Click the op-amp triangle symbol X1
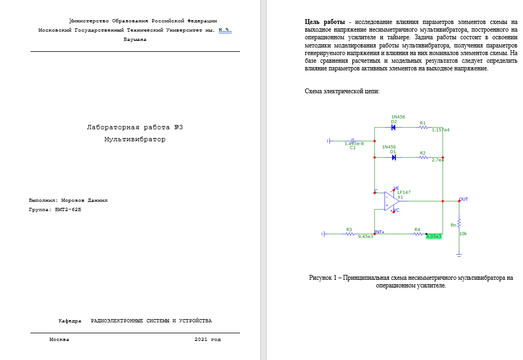(390, 201)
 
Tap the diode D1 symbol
(393, 157)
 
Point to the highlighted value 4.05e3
(434, 237)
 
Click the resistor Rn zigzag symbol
(459, 224)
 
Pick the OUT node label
(464, 199)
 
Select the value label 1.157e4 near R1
(440, 130)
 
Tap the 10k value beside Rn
(463, 233)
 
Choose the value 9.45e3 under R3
(365, 237)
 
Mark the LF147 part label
(404, 192)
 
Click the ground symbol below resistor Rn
(459, 254)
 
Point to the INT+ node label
(380, 232)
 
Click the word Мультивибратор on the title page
(135, 139)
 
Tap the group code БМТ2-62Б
(68, 209)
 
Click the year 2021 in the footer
(201, 339)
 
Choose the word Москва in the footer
(59, 339)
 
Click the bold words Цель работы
(324, 22)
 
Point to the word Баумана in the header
(135, 39)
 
